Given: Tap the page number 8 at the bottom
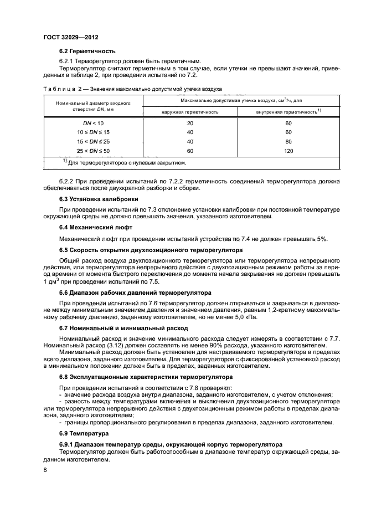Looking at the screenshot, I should point(45,470).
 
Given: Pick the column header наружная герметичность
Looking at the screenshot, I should point(190,112).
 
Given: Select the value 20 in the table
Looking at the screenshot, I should point(190,124).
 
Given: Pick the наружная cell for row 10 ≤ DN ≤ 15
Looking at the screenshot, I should point(190,133).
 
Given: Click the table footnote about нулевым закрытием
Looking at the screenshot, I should point(127,163).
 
